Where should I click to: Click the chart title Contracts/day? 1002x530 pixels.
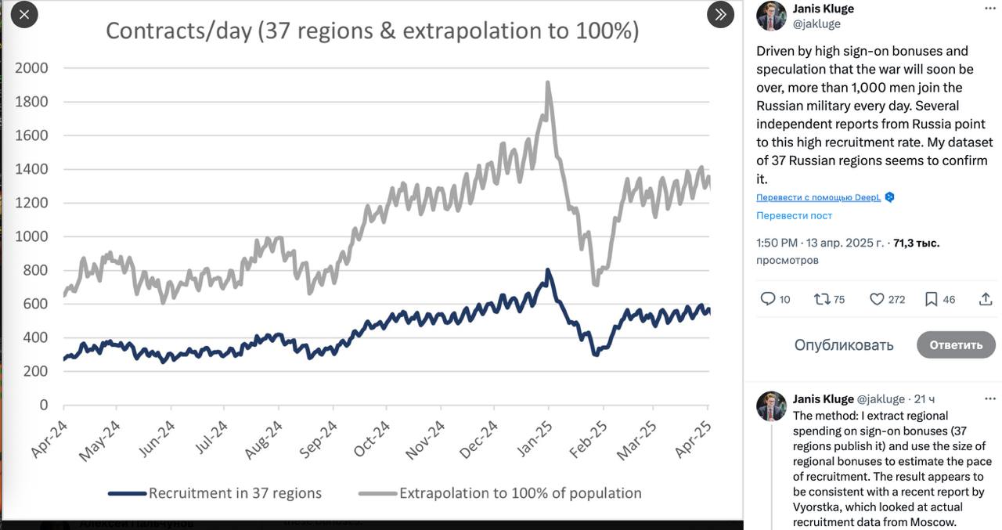372,31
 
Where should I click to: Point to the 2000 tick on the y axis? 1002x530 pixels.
32,68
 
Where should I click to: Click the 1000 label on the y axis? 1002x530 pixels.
32,236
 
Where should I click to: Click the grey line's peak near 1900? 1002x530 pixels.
547,83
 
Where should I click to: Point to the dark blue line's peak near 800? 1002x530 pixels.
548,271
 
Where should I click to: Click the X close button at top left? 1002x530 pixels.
24,14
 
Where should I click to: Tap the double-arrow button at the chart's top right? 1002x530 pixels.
720,14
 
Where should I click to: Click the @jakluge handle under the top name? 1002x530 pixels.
816,23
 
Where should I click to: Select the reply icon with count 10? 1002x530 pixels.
768,299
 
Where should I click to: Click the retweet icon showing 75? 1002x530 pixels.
822,299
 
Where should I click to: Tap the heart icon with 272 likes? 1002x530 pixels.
877,299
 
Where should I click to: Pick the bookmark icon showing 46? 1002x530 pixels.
932,299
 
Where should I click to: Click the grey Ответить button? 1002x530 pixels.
956,344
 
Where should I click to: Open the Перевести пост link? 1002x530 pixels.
794,215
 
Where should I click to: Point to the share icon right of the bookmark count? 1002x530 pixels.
986,299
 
